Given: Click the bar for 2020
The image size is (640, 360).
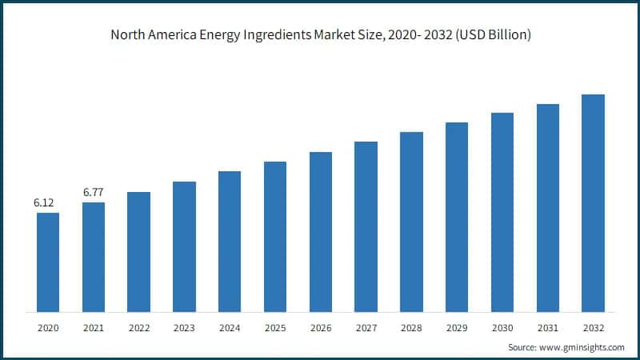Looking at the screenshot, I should point(47,262).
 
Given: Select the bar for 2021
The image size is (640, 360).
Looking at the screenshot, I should point(93,257).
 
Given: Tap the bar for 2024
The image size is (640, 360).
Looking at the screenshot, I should point(230,241).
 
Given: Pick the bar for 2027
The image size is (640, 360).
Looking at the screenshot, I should point(366,226).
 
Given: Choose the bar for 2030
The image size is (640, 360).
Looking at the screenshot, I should point(502,212).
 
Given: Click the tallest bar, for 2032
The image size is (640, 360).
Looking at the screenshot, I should point(593,203).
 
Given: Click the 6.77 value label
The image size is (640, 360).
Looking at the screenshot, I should point(93,193).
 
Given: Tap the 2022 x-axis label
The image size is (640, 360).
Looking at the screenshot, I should point(138,328).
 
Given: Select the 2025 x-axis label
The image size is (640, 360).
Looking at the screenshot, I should point(275,328).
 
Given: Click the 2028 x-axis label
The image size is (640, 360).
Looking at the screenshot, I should point(411,328).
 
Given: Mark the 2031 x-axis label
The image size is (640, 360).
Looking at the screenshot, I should point(547,328).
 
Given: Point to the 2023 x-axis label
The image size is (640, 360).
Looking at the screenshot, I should point(184,328).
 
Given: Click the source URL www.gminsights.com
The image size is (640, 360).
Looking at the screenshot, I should point(582,348).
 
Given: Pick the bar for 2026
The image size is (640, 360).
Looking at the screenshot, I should point(320,231).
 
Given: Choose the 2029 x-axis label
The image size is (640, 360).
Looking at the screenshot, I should point(457,328).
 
